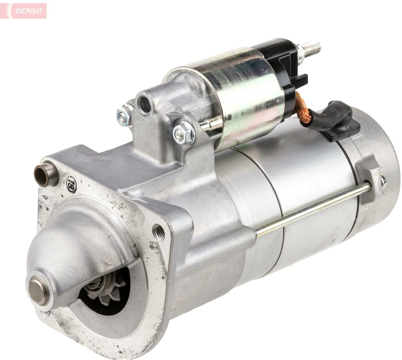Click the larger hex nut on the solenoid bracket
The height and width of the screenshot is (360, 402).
184,133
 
